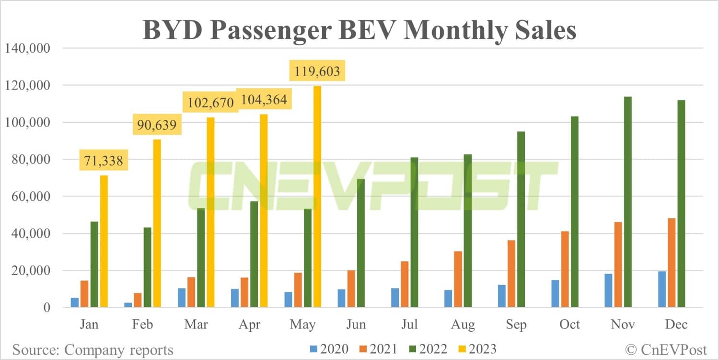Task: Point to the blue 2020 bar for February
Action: coord(128,305)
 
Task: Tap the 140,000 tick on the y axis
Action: coord(27,48)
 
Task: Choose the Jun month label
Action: coord(356,325)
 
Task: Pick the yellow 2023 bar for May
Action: coord(317,197)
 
